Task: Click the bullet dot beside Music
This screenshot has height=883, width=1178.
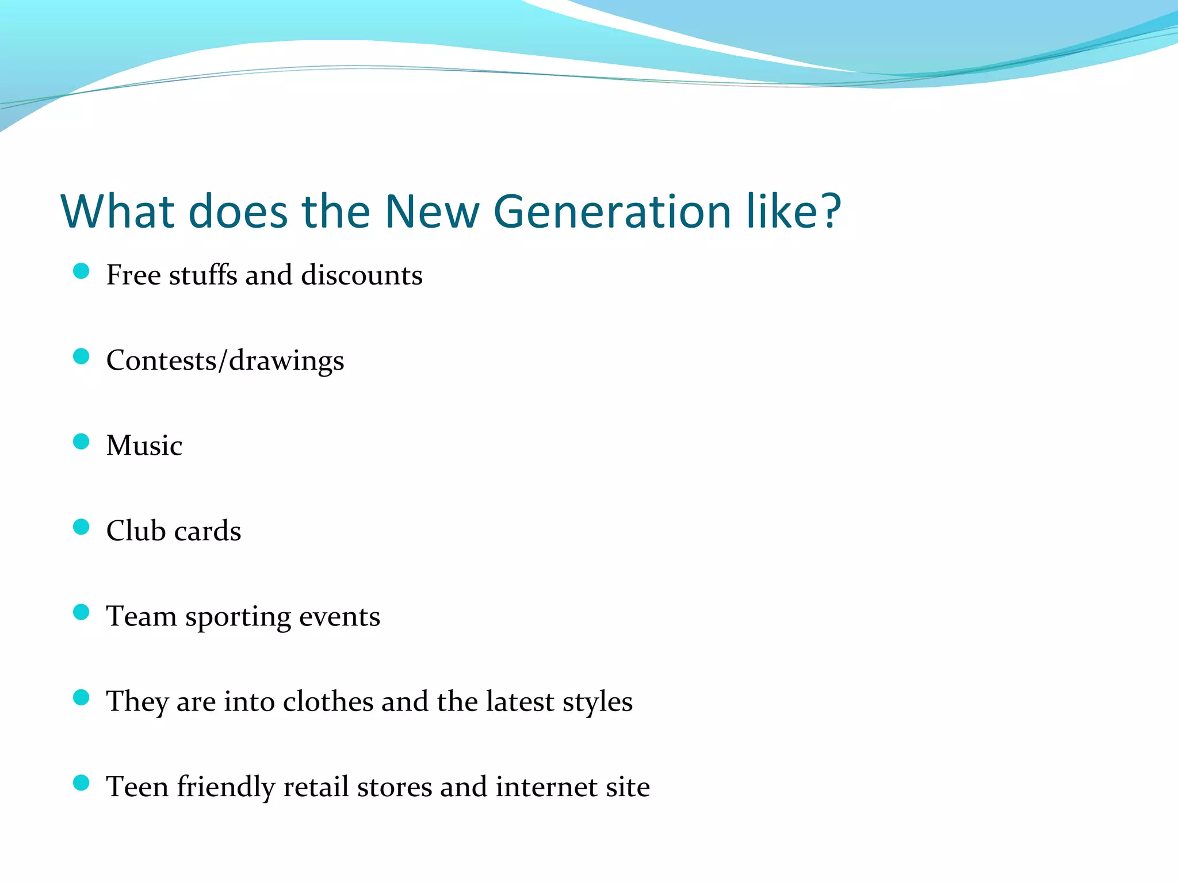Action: click(82, 441)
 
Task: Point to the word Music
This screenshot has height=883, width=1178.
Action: click(144, 446)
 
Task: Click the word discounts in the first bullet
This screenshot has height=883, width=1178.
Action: click(362, 275)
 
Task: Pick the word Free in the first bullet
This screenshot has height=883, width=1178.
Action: click(133, 275)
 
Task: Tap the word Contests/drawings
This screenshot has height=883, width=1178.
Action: click(225, 361)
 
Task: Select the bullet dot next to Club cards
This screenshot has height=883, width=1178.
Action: click(82, 527)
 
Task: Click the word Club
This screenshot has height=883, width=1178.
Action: click(136, 531)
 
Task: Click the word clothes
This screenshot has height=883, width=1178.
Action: click(328, 701)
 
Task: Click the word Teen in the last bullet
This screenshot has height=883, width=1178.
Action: click(137, 786)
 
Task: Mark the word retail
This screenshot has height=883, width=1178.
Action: click(316, 786)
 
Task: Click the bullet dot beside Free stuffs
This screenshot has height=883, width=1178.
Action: click(82, 271)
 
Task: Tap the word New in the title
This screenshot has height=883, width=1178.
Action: click(431, 212)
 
